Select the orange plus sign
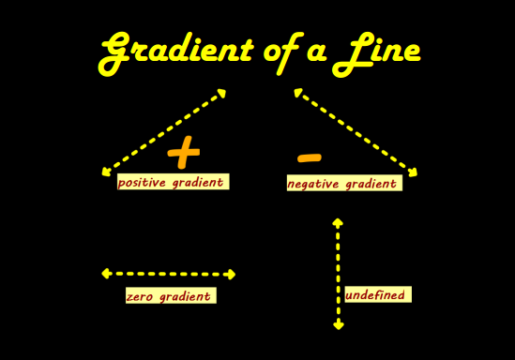(184, 152)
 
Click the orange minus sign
(309, 157)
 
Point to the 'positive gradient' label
(172, 182)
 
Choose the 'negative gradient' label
(343, 184)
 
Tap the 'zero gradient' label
(170, 296)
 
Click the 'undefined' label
(376, 294)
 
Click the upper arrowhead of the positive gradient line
(221, 93)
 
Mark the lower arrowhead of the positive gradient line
(106, 172)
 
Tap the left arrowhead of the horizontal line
(106, 274)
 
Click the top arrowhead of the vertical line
(338, 223)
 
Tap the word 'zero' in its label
(142, 296)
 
